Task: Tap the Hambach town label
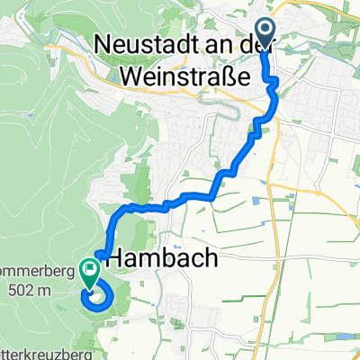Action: click(161, 259)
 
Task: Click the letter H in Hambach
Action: click(116, 259)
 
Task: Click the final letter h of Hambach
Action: click(210, 259)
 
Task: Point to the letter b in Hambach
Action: click(171, 259)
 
